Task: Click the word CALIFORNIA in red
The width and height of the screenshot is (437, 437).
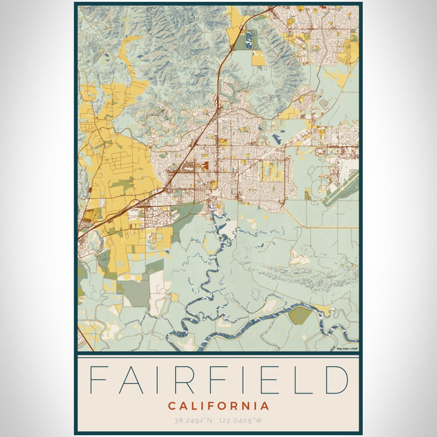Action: (x=219, y=406)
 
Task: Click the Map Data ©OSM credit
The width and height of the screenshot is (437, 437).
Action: (x=347, y=349)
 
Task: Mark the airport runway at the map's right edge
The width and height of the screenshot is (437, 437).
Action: (x=341, y=187)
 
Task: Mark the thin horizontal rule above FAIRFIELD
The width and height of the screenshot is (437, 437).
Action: (x=219, y=356)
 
